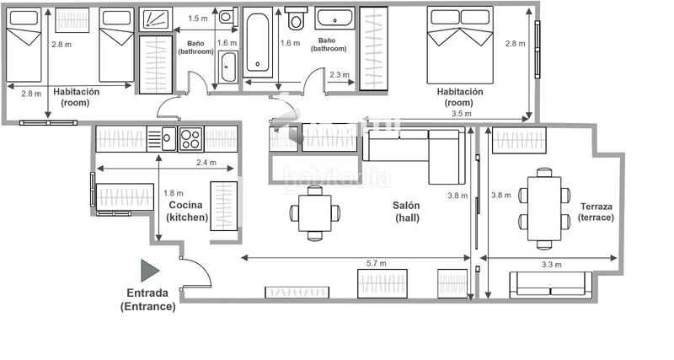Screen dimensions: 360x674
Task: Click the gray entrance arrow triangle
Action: tap(149, 270)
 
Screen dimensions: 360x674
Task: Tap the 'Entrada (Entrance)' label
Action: tap(147, 300)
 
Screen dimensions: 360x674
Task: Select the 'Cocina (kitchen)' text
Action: tap(187, 211)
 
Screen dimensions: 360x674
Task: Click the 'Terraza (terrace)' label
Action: tap(596, 212)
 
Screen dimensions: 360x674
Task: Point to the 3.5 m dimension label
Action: tap(461, 113)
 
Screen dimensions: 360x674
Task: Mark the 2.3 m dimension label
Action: tap(340, 75)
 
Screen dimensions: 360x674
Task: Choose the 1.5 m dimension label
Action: tap(198, 19)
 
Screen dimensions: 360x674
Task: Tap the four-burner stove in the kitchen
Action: tap(190, 138)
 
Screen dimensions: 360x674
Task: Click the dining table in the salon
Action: tap(315, 212)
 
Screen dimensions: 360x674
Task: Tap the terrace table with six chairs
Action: tap(544, 206)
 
